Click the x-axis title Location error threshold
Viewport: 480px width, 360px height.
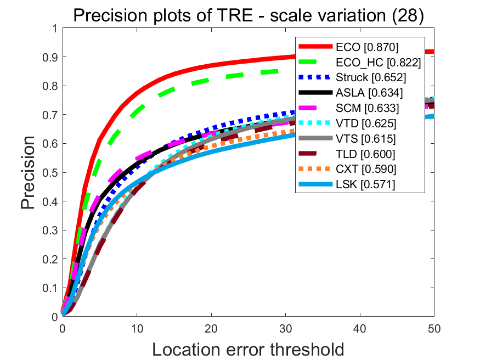[248, 349]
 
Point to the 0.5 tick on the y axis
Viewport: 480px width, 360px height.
[50, 172]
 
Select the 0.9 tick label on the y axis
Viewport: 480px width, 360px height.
[50, 57]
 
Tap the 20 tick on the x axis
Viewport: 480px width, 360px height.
[211, 327]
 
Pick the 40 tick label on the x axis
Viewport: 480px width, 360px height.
[360, 327]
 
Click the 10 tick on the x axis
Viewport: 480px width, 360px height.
[137, 327]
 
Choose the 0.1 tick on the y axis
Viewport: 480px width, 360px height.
[50, 288]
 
